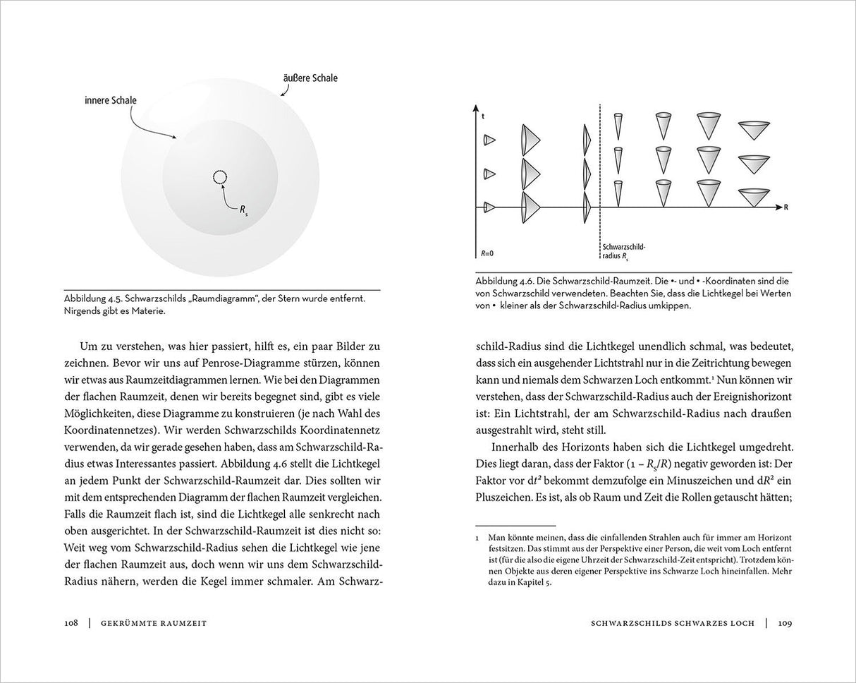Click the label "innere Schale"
110,101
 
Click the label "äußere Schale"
310,78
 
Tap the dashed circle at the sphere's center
220,178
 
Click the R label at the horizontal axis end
785,207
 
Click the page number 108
70,622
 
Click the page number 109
785,622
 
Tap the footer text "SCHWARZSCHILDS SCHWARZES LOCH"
672,622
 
